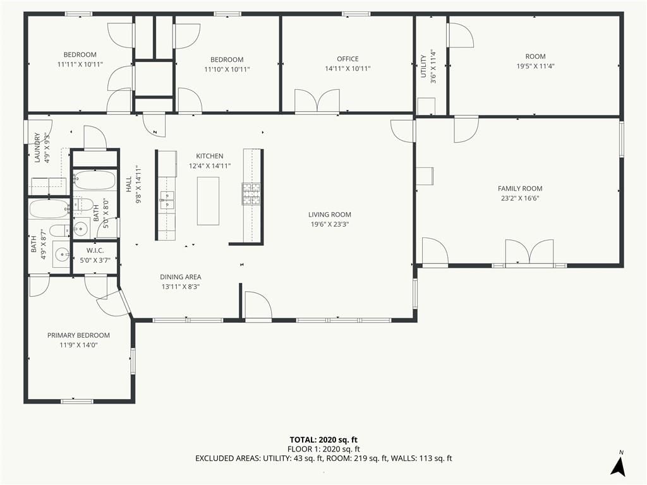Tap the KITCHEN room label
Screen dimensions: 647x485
click(210, 156)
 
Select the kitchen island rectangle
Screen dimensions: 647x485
click(208, 201)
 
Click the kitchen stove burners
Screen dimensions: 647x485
click(251, 194)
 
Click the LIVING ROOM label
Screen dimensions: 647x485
click(330, 215)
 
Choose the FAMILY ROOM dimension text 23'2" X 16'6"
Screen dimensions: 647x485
click(520, 198)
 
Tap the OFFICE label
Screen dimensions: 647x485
click(348, 59)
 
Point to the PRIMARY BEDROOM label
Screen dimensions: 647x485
click(78, 335)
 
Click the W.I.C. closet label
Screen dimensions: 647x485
click(95, 250)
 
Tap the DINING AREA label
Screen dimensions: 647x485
click(181, 277)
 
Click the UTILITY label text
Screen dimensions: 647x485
click(423, 66)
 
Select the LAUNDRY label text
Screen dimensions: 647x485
click(37, 147)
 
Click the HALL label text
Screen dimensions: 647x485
click(129, 184)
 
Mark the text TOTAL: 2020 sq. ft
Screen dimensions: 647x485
click(323, 440)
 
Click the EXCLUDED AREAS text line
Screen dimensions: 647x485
click(323, 458)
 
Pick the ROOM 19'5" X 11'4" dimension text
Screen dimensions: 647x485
click(536, 66)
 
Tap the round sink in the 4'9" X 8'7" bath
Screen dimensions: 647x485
click(63, 254)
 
